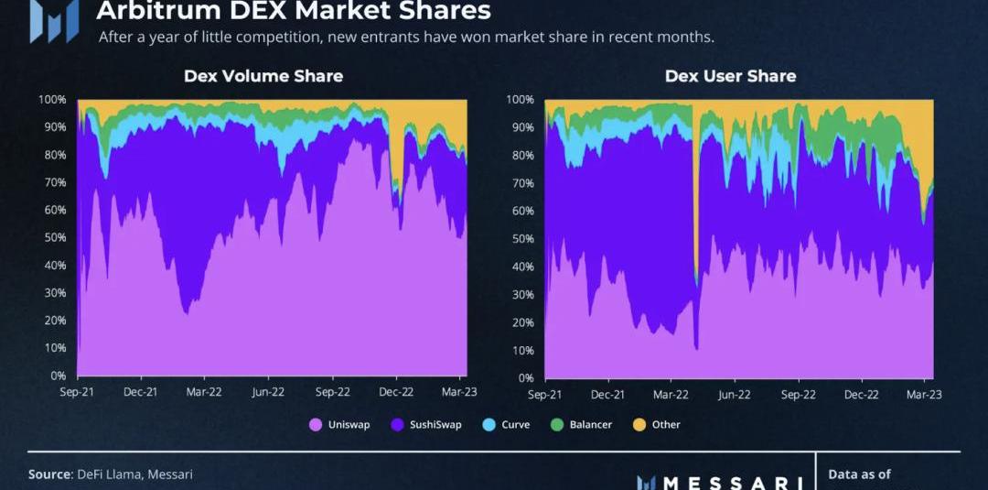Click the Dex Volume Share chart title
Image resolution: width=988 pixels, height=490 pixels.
[263, 76]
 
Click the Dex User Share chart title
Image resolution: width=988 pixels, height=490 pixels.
[730, 76]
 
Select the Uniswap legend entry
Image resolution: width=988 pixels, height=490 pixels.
[340, 425]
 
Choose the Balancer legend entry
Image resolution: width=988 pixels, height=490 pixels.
[582, 425]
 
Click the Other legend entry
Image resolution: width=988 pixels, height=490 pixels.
[658, 425]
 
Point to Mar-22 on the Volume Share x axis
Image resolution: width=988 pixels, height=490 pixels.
[204, 391]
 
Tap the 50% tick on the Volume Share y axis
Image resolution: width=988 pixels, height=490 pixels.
[53, 238]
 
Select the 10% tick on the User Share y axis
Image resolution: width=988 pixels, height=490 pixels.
[521, 351]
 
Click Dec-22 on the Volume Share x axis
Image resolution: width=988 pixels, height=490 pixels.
[396, 391]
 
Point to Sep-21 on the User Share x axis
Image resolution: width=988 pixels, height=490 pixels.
[544, 394]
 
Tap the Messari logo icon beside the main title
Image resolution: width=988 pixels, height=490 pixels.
[53, 18]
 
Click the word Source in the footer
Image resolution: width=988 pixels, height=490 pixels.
[48, 474]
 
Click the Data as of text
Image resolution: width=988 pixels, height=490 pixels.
[859, 474]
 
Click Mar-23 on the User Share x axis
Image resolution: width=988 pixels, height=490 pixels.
[924, 394]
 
